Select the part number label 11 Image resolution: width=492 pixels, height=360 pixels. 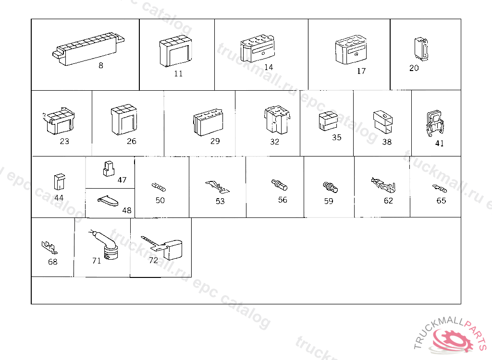point(178,74)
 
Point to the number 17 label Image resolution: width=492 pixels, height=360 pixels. point(361,71)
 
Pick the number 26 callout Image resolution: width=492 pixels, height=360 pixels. point(132,142)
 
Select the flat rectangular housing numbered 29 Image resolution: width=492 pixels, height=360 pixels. point(209,122)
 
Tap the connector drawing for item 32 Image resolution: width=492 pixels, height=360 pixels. point(277,120)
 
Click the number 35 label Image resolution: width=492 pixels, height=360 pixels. point(337,137)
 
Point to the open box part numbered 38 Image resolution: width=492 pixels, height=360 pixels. point(383,122)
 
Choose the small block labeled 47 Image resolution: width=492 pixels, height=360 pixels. point(109,168)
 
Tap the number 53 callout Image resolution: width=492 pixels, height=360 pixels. point(220,201)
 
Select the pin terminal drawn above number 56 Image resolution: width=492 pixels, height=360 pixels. point(279,184)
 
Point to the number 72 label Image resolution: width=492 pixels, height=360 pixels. point(153,261)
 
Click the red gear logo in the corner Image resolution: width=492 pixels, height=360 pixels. point(453,341)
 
